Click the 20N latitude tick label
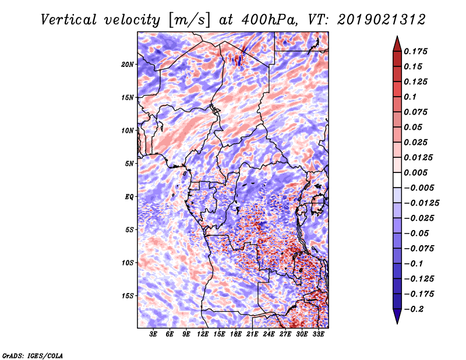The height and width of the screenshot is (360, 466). point(127,65)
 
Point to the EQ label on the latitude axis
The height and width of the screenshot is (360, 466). point(129,197)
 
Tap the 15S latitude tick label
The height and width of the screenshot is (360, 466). point(128,296)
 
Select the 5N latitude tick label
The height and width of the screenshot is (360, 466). point(129,164)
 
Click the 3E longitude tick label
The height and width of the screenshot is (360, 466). point(153,334)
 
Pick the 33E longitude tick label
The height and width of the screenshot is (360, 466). point(318,334)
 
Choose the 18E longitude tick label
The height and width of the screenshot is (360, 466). point(236,334)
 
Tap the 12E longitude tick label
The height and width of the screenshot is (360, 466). point(203,334)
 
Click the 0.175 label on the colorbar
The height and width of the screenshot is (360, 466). point(416,51)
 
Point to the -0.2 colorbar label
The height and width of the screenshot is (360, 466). point(414,309)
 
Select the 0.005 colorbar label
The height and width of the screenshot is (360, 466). point(416,172)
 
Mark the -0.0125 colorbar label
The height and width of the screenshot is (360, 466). point(421,203)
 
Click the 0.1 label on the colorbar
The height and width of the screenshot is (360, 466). point(410,97)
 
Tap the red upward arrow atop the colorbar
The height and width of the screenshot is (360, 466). point(397,44)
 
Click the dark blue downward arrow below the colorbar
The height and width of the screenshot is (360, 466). point(397,316)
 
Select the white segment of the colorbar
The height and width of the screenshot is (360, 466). point(397,180)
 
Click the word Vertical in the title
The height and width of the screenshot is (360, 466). point(69,20)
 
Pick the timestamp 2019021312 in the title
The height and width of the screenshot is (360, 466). point(382,20)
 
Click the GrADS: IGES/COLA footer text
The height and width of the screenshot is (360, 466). point(33,355)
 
